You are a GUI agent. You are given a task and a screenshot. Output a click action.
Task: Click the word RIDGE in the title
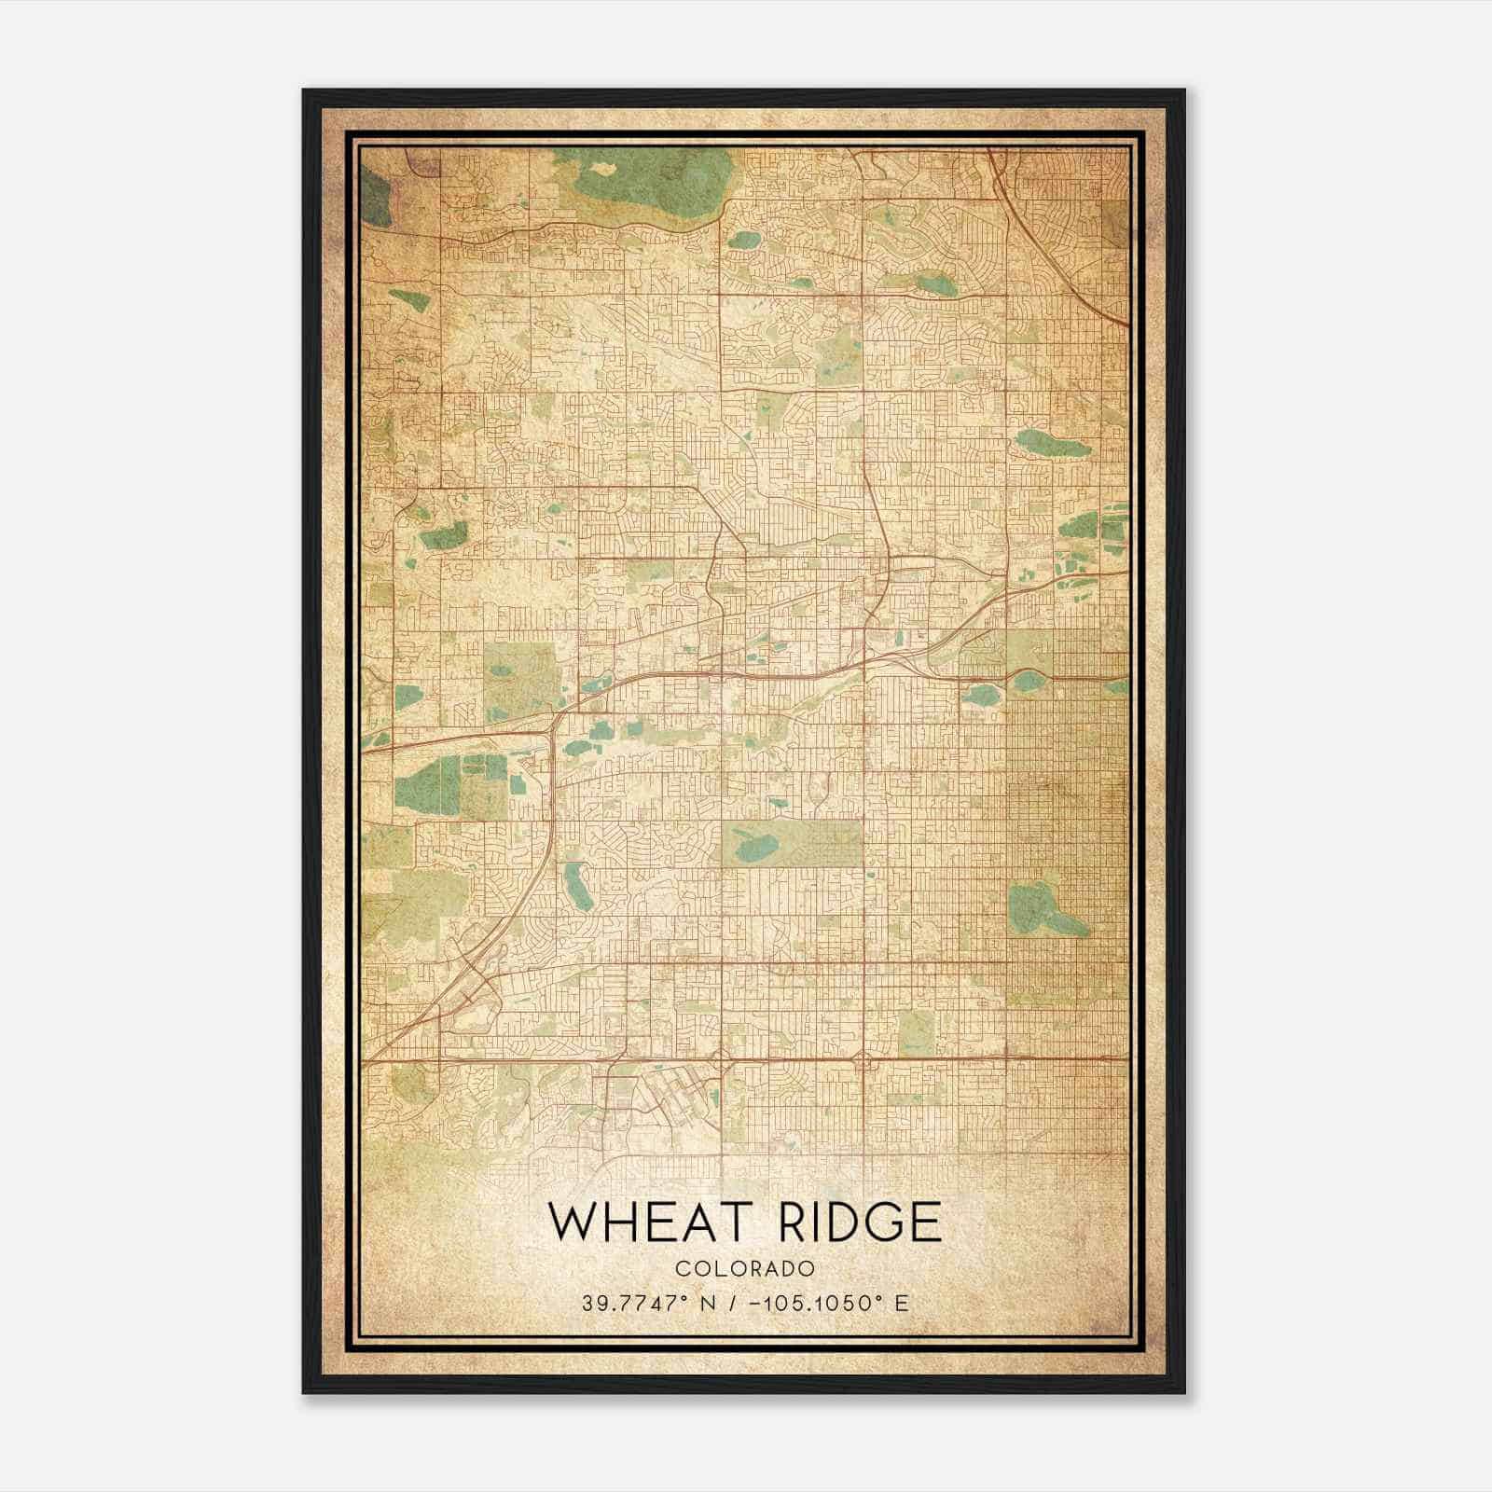[x=859, y=1222]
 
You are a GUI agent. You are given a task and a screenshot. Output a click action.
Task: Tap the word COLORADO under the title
[x=745, y=1268]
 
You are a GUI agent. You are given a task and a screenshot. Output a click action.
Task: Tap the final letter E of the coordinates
[x=901, y=1304]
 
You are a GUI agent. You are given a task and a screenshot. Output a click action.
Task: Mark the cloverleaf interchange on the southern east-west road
[x=863, y=1060]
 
